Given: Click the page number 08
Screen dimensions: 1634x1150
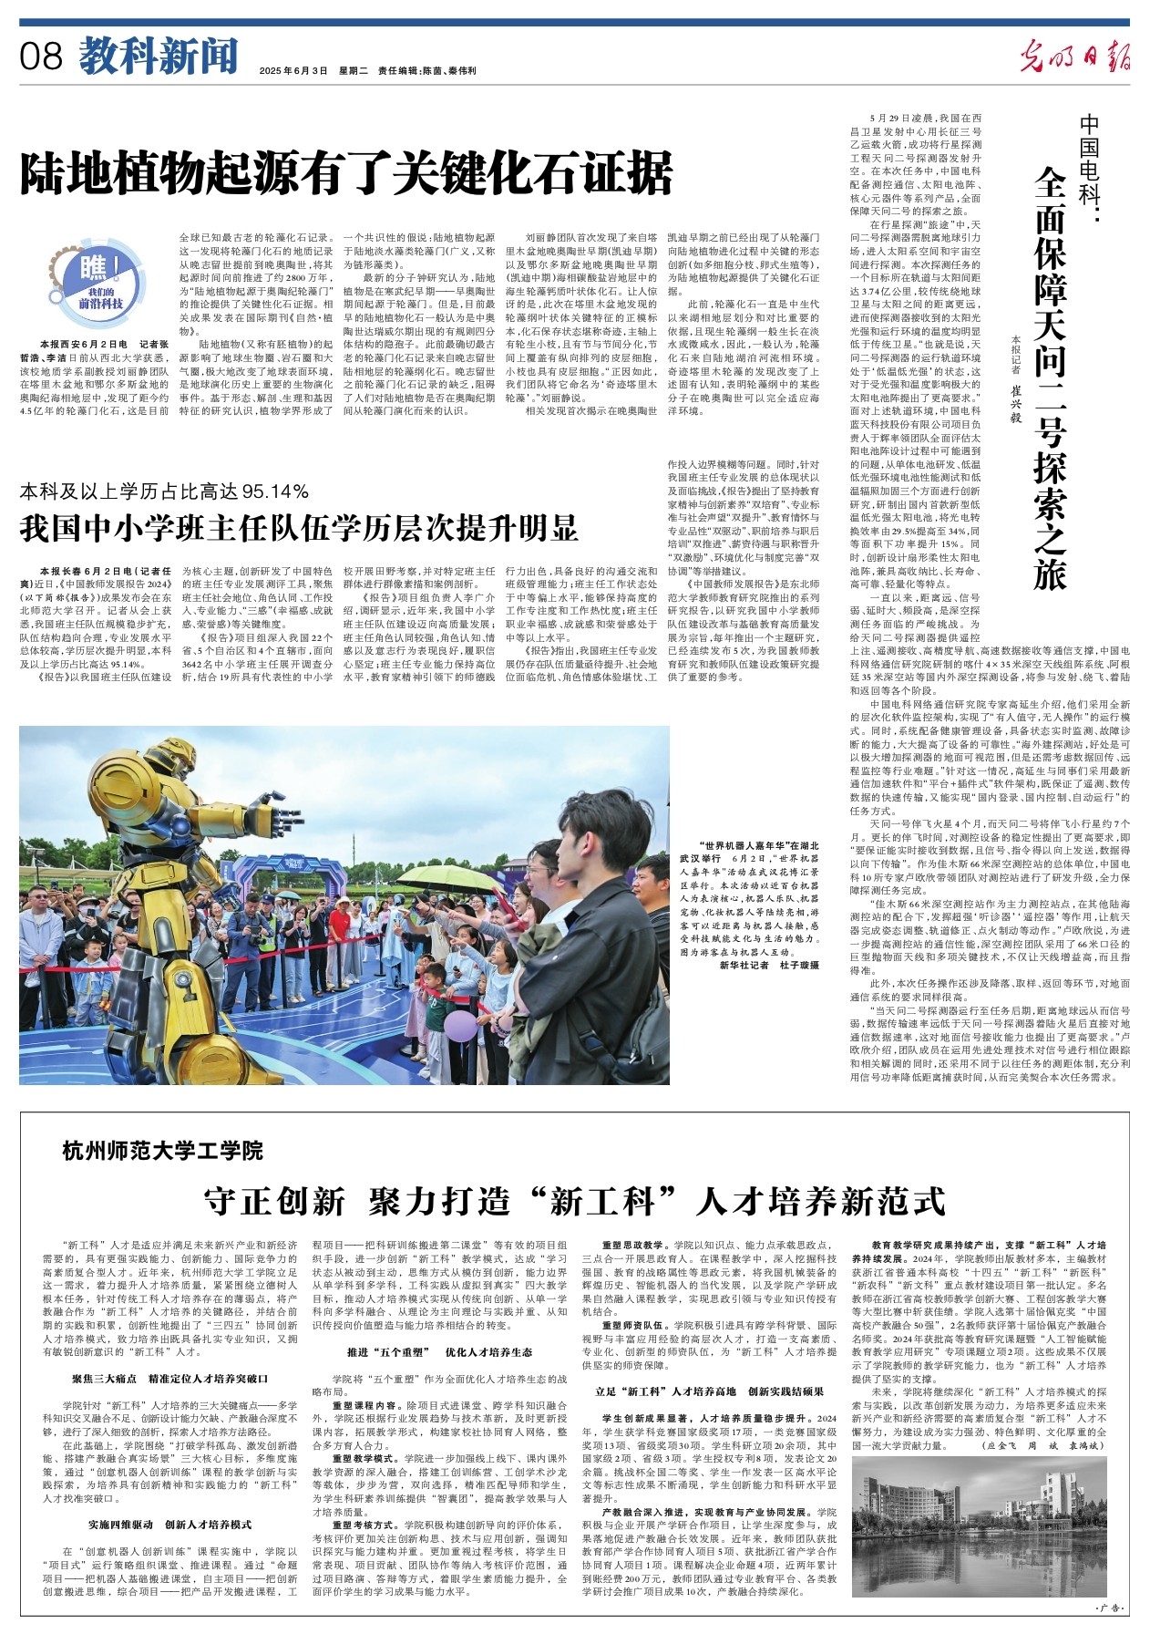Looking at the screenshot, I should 42,57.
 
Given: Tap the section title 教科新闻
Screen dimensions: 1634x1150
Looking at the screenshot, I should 158,56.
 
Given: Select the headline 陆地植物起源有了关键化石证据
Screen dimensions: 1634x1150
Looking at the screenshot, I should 346,172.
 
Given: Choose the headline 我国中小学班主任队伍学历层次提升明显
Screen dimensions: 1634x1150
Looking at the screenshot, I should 300,528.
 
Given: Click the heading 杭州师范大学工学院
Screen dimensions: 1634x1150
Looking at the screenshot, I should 163,1150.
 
